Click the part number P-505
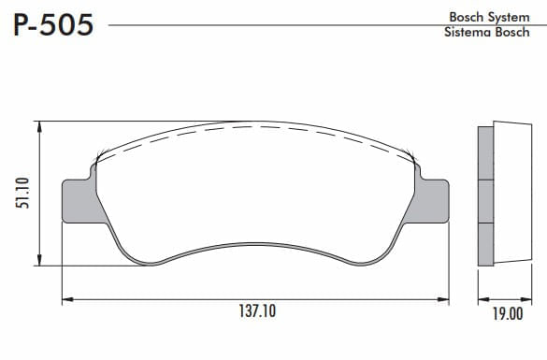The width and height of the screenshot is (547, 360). (x=53, y=25)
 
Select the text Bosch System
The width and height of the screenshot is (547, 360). (x=489, y=17)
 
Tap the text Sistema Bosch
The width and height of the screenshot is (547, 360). (x=487, y=32)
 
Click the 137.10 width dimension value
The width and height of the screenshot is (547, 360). (x=257, y=311)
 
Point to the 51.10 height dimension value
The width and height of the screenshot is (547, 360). (x=22, y=193)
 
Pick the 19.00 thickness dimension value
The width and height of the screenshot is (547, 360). (x=508, y=314)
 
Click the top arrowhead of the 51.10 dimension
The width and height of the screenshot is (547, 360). (x=40, y=127)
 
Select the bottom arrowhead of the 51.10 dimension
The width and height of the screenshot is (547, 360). (x=40, y=260)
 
